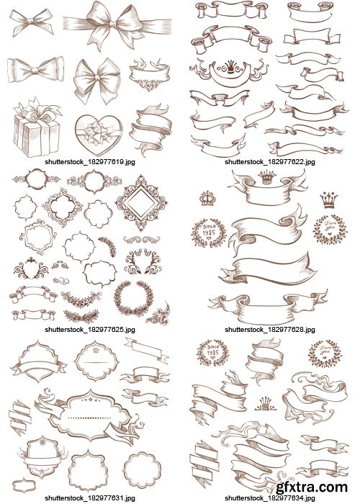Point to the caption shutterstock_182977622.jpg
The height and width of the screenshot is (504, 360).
pos(269,163)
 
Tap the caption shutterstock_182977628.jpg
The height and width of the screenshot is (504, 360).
pos(269,328)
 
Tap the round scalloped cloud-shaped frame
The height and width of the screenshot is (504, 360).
pos(139,467)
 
